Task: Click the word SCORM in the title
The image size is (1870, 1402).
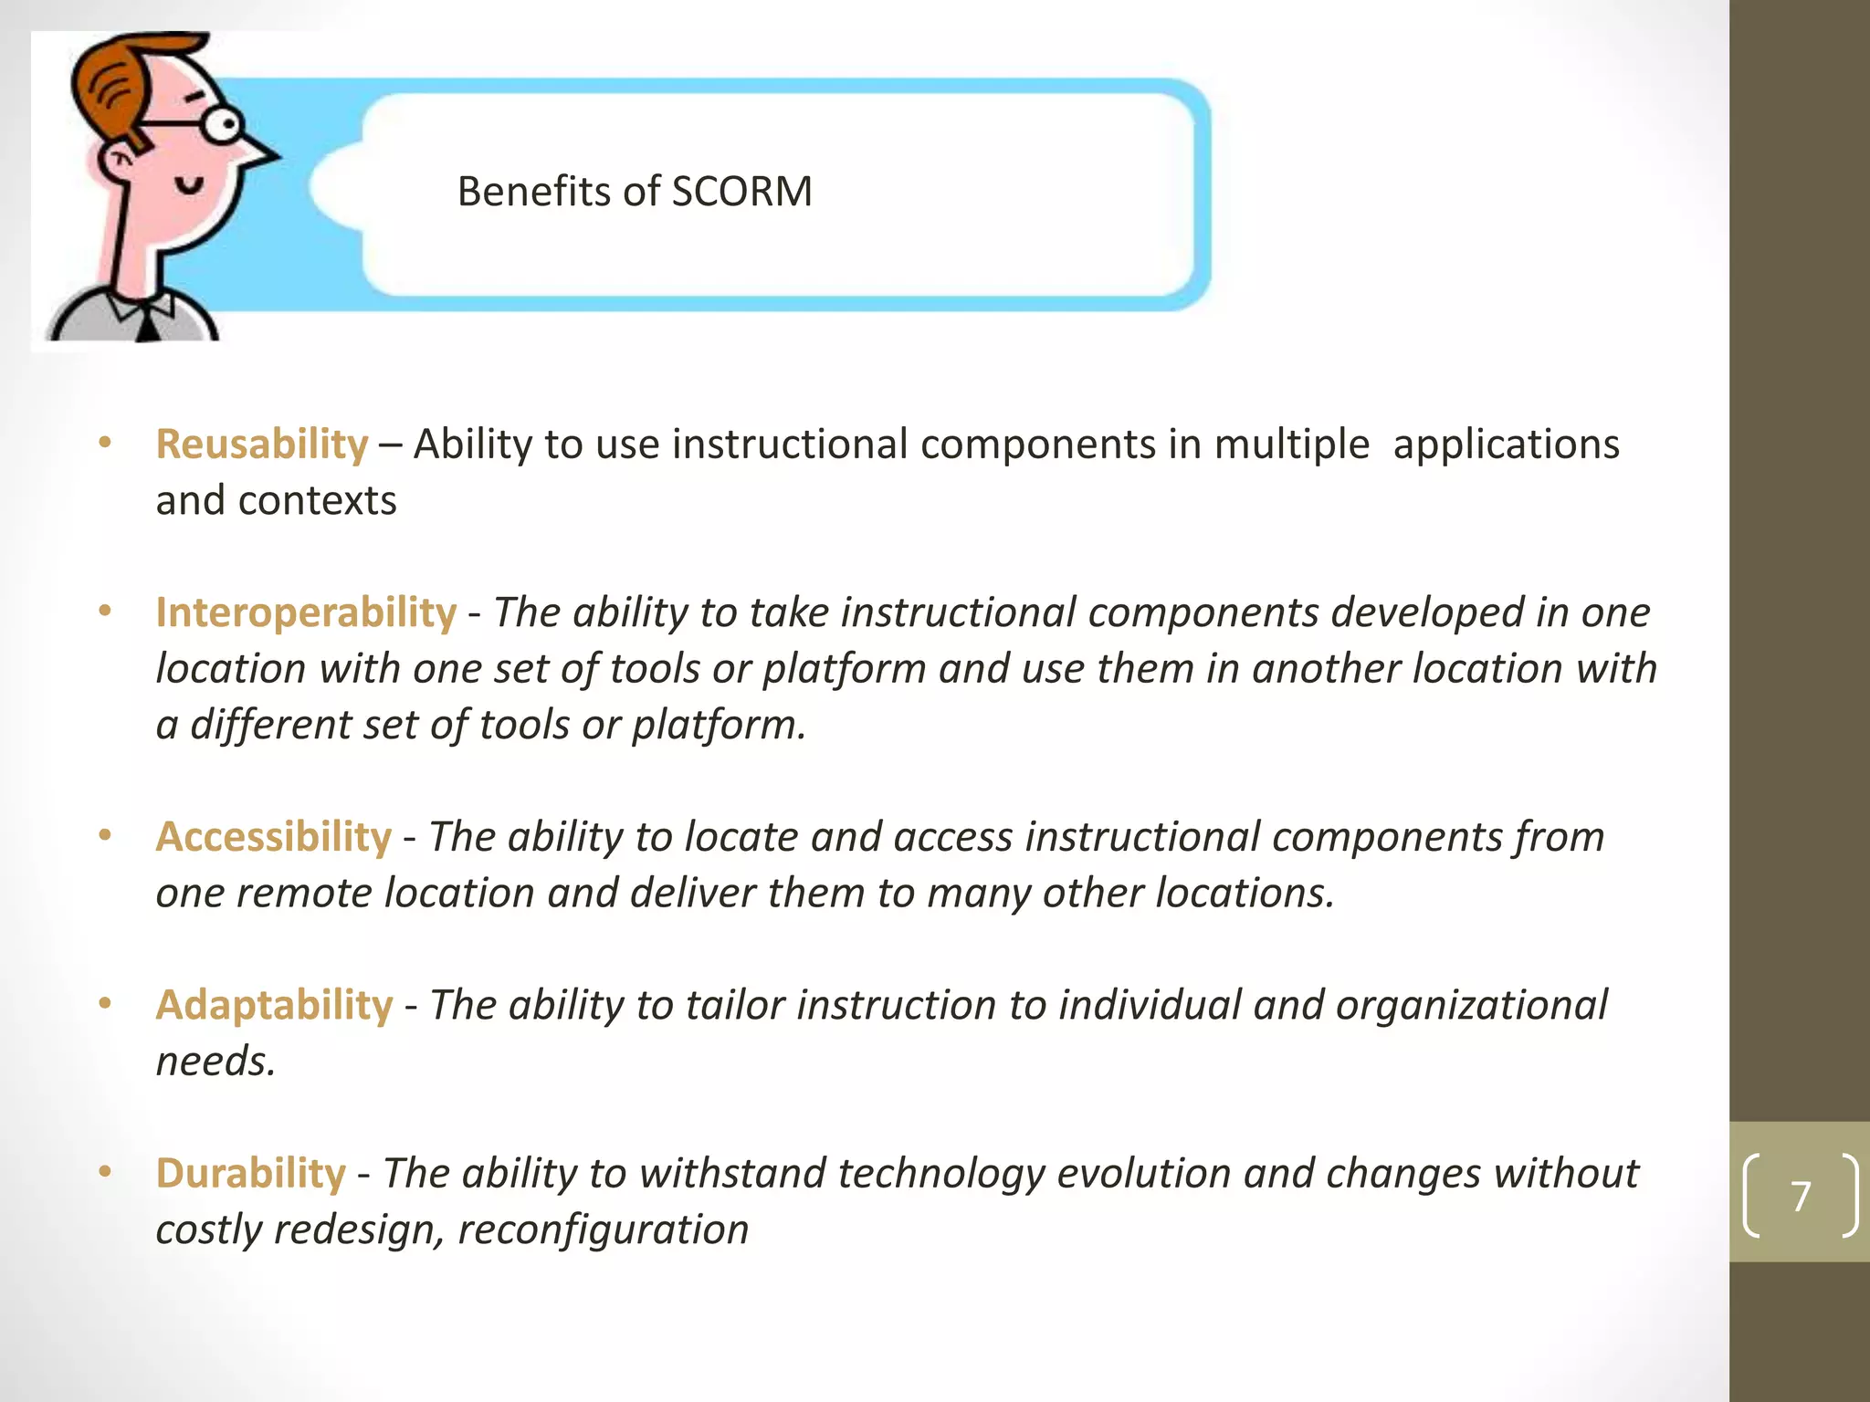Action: point(741,192)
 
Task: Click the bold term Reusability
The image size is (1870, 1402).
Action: point(262,445)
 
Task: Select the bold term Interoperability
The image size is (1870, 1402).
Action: point(306,612)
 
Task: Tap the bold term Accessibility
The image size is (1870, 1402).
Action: point(274,837)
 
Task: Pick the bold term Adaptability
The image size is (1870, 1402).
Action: point(274,1005)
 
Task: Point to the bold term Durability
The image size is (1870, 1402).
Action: point(251,1174)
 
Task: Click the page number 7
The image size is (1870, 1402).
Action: point(1801,1196)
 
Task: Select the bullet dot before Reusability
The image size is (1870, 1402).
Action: point(105,444)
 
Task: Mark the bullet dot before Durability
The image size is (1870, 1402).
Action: point(105,1172)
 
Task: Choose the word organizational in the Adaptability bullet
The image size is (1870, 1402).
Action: point(1471,1005)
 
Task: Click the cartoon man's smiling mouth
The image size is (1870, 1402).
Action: point(191,186)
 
